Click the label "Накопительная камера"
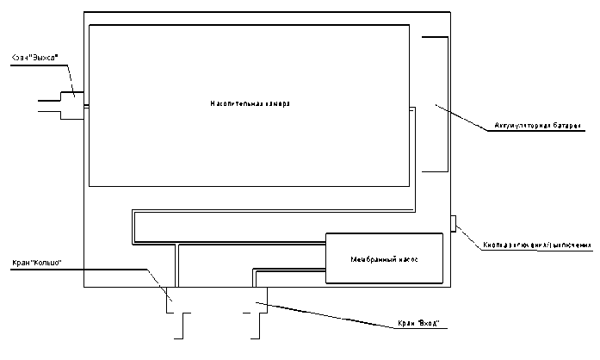coord(250,103)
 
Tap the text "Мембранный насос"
coord(385,259)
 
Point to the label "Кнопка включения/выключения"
coord(537,245)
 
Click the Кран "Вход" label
coord(419,324)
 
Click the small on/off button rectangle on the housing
coord(453,224)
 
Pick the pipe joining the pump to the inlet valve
coord(288,270)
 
